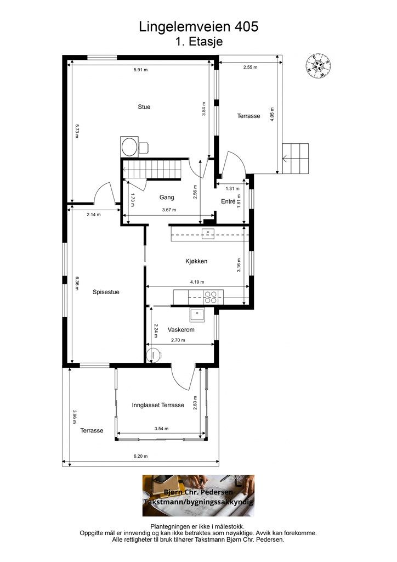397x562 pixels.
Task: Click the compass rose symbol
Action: (x=317, y=66)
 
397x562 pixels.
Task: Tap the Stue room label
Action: (x=144, y=107)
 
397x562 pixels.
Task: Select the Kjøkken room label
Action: (x=196, y=261)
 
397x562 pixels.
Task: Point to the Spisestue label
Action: (x=106, y=292)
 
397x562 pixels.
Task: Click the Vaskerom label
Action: (x=181, y=330)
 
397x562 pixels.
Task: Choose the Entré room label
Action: (x=228, y=201)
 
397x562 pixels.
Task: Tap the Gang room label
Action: (x=167, y=197)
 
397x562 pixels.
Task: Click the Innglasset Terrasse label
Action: (x=158, y=405)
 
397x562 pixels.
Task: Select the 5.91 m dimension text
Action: (x=141, y=70)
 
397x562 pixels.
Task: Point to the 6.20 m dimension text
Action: (x=141, y=456)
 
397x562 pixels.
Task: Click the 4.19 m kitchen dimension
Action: (x=197, y=282)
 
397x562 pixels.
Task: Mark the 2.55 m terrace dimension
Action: (x=250, y=67)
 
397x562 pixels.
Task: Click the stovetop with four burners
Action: (x=210, y=297)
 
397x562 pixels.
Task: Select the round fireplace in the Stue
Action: (x=129, y=146)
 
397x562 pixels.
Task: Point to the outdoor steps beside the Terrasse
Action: (x=296, y=159)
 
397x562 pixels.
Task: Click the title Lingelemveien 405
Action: (x=198, y=27)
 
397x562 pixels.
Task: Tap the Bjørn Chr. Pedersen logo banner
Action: (x=198, y=496)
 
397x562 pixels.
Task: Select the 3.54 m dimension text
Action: (x=161, y=429)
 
